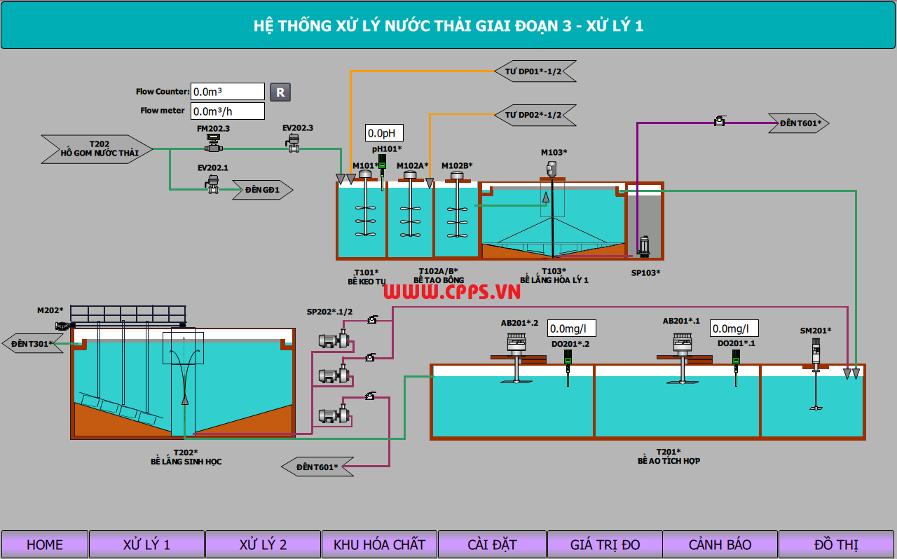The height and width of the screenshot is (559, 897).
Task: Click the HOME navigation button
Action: pyautogui.click(x=45, y=544)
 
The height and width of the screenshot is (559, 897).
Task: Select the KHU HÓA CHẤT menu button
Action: pyautogui.click(x=379, y=544)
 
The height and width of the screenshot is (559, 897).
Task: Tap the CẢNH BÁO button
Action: pyautogui.click(x=720, y=544)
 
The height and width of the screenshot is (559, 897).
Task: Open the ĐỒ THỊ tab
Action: pyautogui.click(x=836, y=544)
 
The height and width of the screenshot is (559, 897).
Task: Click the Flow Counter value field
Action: pyautogui.click(x=228, y=92)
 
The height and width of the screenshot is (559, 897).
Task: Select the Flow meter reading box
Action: pyautogui.click(x=228, y=111)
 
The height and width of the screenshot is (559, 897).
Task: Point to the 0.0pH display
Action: pyautogui.click(x=384, y=133)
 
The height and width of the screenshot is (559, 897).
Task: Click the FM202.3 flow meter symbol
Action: pyautogui.click(x=213, y=144)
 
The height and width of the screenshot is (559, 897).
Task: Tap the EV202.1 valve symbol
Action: pyautogui.click(x=213, y=184)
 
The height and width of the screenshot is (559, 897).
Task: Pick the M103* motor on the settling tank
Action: pyautogui.click(x=552, y=168)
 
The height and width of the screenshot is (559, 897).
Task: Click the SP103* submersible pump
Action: pyautogui.click(x=644, y=247)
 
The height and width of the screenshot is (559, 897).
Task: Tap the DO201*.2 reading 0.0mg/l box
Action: pyautogui.click(x=572, y=328)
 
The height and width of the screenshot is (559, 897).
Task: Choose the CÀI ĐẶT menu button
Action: pyautogui.click(x=492, y=544)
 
